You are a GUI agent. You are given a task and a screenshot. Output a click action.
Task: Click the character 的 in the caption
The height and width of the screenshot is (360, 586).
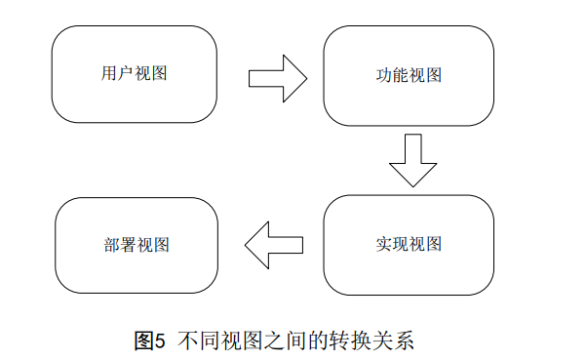316,341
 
